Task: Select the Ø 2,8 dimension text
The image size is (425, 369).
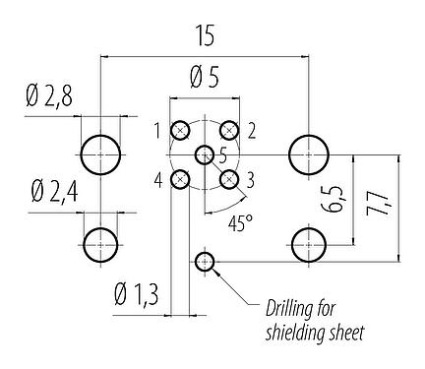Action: click(45, 97)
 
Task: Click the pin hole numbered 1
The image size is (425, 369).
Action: click(181, 131)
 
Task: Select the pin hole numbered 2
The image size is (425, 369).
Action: click(229, 131)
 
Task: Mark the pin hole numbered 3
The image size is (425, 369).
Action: click(229, 179)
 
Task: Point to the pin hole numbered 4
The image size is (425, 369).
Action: click(181, 179)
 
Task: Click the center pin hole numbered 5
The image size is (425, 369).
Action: click(205, 154)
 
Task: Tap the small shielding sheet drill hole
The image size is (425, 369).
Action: click(205, 261)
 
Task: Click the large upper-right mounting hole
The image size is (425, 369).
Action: click(309, 154)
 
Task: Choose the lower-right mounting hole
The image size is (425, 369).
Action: click(309, 241)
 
